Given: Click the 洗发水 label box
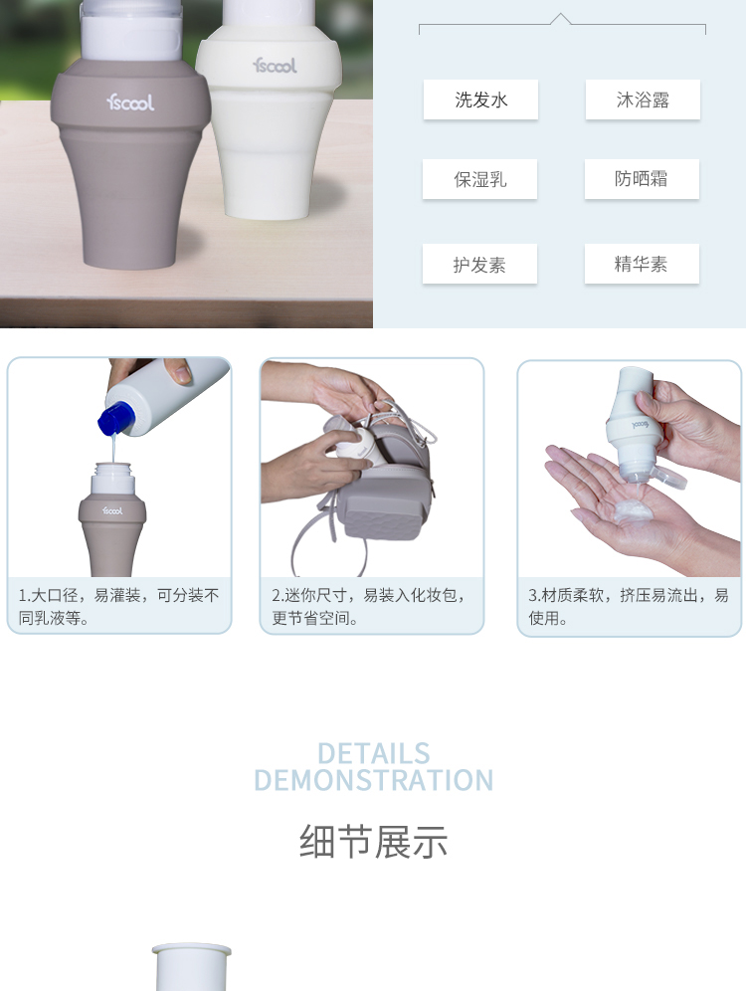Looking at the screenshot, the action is (x=480, y=99).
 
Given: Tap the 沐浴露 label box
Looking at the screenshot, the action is (x=643, y=99).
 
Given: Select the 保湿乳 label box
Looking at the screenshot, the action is (x=480, y=179).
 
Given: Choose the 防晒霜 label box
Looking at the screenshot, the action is (x=642, y=179).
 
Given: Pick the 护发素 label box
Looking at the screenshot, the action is (x=480, y=264).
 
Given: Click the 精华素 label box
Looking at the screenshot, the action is (x=642, y=264).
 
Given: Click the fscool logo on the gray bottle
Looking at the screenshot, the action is (x=130, y=101).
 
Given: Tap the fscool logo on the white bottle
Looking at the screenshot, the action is (x=275, y=65).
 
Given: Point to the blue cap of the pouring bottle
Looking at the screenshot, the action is (x=115, y=418).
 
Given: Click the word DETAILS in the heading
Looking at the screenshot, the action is (x=373, y=753).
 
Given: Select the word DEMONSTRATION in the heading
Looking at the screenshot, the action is (x=373, y=780).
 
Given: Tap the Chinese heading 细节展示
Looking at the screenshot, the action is (x=373, y=841).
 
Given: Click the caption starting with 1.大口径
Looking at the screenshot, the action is (x=118, y=606).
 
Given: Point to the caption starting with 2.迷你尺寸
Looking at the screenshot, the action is (x=369, y=606).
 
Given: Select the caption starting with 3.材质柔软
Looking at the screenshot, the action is (x=629, y=606).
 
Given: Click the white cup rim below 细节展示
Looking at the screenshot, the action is (x=191, y=948).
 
